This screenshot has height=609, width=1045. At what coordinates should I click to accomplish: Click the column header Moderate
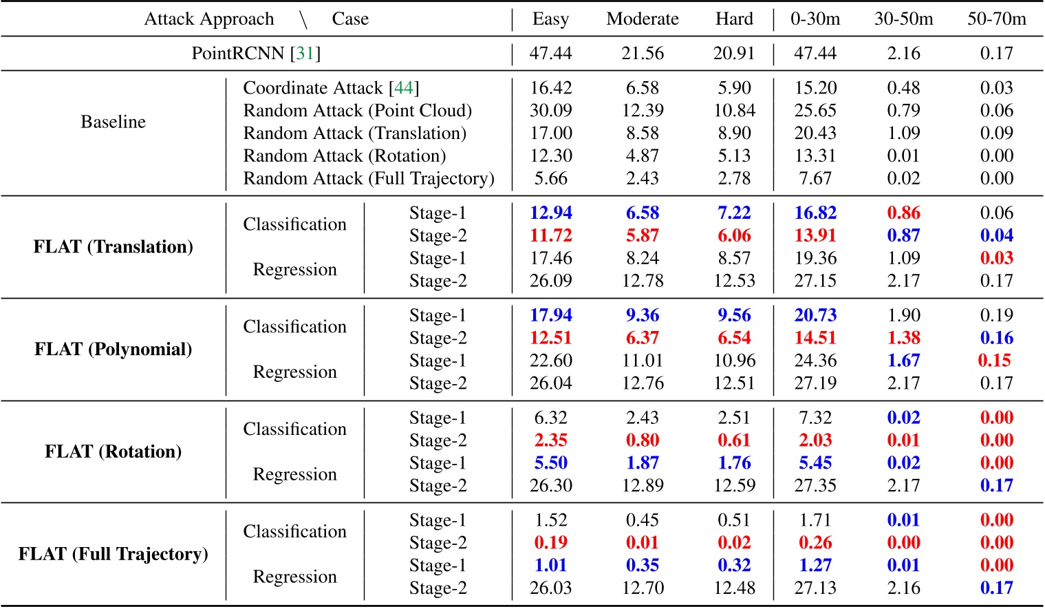tap(642, 19)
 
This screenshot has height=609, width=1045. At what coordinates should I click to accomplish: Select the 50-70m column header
tap(996, 19)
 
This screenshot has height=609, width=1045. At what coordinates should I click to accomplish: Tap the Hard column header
tap(734, 19)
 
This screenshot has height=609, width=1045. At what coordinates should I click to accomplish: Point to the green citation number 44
tap(403, 88)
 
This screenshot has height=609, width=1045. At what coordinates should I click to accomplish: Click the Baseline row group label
tap(113, 122)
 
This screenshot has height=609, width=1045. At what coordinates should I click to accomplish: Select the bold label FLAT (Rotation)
tap(113, 451)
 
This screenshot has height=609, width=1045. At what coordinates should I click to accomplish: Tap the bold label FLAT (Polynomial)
tap(113, 349)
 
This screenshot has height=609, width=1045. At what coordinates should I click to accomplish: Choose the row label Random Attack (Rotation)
tap(344, 156)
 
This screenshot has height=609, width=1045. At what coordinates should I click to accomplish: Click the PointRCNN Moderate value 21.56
tap(642, 54)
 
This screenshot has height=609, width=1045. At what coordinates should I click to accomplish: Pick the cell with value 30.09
tap(550, 111)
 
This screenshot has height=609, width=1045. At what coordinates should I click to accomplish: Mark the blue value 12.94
tap(550, 213)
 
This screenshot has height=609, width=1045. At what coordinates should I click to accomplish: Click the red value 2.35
tap(550, 440)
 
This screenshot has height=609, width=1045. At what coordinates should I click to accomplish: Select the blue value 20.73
tap(815, 316)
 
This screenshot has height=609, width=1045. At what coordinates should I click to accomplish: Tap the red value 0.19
tap(550, 543)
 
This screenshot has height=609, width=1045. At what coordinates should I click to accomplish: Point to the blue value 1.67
tap(903, 361)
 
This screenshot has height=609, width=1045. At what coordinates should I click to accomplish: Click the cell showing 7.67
tap(815, 179)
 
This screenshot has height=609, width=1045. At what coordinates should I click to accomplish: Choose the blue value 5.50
tap(550, 463)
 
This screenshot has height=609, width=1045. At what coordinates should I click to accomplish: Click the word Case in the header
tap(350, 19)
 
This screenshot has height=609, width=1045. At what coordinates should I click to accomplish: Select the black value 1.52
tap(550, 520)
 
